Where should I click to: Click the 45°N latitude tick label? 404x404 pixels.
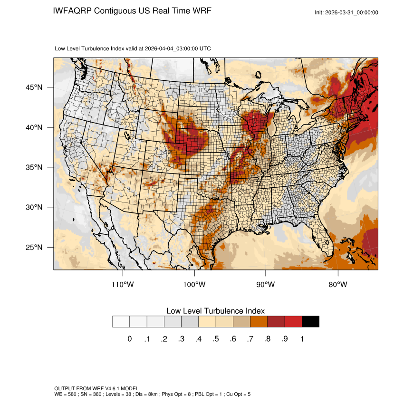click(x=34, y=87)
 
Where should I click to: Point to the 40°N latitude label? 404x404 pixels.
click(x=34, y=127)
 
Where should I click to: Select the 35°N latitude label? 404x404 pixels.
click(x=34, y=167)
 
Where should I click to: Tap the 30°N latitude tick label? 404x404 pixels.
click(x=34, y=207)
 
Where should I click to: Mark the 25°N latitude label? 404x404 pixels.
click(x=34, y=247)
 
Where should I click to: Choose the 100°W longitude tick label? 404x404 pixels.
click(x=194, y=285)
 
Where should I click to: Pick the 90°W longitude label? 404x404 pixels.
click(x=266, y=285)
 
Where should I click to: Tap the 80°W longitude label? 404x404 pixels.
click(x=337, y=285)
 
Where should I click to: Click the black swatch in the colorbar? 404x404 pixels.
click(x=310, y=322)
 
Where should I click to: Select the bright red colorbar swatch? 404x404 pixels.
click(x=293, y=322)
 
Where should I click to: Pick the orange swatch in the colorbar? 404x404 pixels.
click(x=259, y=322)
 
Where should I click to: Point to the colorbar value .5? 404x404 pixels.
click(x=216, y=339)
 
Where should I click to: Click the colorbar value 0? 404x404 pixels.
click(x=129, y=339)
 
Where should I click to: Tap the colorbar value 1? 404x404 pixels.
click(x=302, y=339)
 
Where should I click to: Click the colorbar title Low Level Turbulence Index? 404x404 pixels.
click(x=215, y=310)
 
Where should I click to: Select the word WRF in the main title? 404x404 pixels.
click(x=201, y=10)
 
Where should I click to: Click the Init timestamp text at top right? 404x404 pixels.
click(x=346, y=12)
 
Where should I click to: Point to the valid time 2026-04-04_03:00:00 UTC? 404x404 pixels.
click(x=178, y=48)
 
